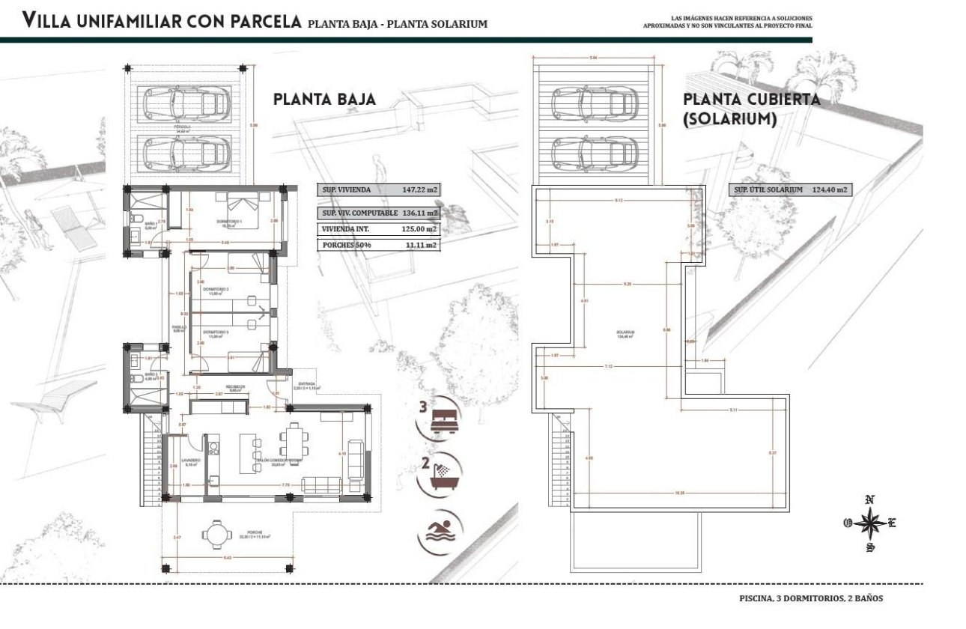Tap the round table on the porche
(217, 535)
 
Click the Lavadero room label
(190, 461)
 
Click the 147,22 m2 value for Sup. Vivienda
(419, 190)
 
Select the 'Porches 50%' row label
(343, 245)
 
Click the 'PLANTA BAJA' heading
(324, 100)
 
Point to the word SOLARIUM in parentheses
(730, 118)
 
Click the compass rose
(869, 523)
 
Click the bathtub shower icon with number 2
(444, 476)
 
